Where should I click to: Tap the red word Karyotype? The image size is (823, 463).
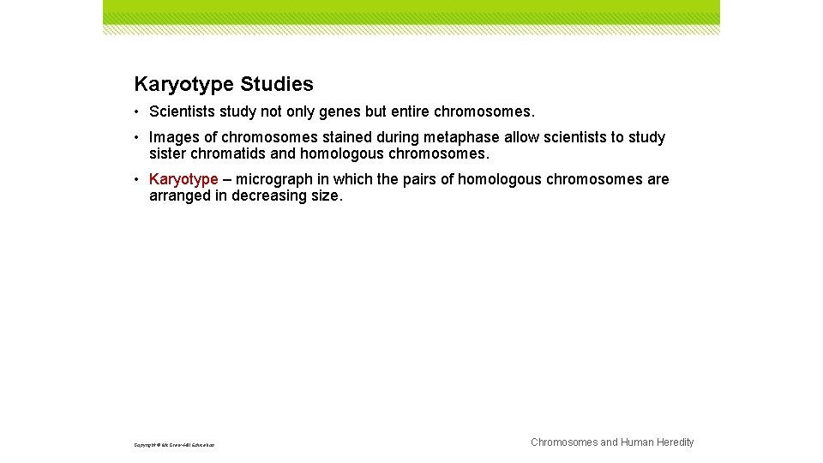[x=183, y=179]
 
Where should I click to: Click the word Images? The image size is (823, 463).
[x=174, y=137]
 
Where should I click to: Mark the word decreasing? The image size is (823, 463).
[x=268, y=195]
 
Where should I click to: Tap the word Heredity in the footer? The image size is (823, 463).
[x=675, y=442]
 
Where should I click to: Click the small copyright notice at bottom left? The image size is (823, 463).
[x=174, y=445]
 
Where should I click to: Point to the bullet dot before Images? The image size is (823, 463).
[x=138, y=137]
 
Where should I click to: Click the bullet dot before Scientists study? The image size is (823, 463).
[x=138, y=111]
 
